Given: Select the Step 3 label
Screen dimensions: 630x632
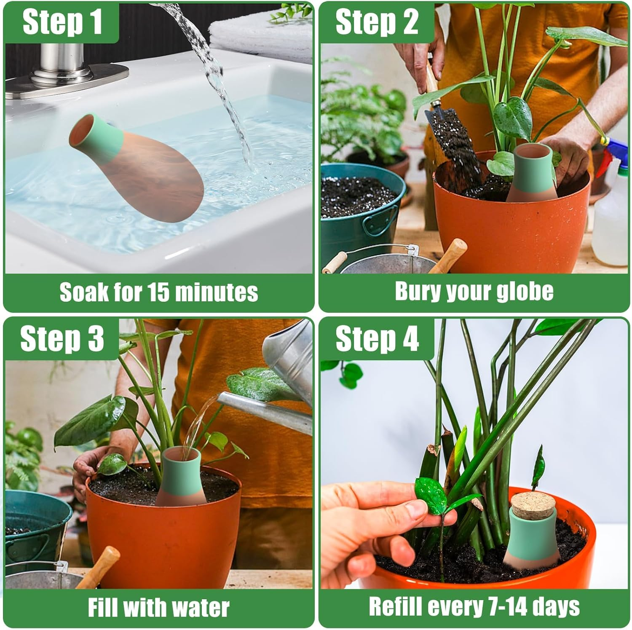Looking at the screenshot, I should tap(62, 339).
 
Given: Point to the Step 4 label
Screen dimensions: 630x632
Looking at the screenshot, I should tap(377, 339).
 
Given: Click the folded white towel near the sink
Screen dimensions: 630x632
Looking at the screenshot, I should tap(261, 34).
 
